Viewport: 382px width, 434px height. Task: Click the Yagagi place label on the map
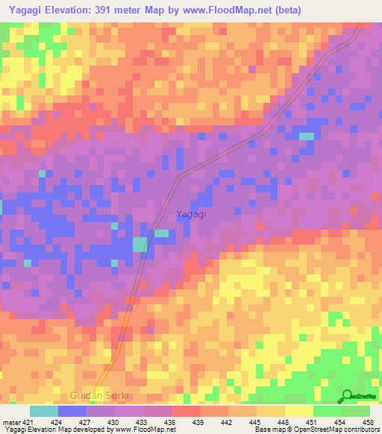[191, 214]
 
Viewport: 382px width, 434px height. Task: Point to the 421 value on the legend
[26, 421]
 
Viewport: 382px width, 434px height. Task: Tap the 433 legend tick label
[143, 421]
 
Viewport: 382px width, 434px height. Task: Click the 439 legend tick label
[200, 421]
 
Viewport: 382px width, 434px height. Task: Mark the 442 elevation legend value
[228, 421]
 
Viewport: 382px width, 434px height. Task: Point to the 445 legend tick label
[257, 421]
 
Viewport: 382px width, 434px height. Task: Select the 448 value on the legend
[285, 421]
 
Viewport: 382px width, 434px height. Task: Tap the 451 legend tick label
[313, 421]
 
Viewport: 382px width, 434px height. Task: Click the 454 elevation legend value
[342, 421]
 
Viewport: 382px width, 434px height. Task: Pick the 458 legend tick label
[369, 421]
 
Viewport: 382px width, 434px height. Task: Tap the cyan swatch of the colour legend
[43, 411]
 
